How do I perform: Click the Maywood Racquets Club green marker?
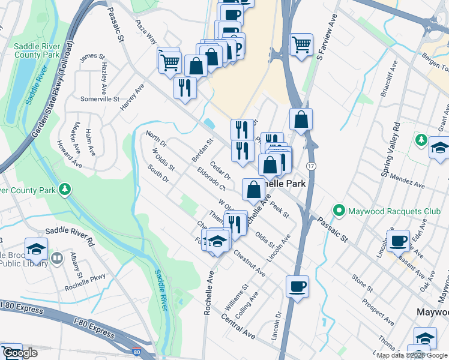click(x=339, y=211)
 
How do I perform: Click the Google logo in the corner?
click(x=19, y=353)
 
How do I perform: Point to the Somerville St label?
click(x=100, y=98)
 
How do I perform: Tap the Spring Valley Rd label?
click(x=390, y=149)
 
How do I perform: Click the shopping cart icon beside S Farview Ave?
click(x=301, y=43)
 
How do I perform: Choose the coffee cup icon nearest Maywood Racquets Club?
click(x=397, y=241)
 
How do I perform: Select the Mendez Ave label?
click(x=407, y=177)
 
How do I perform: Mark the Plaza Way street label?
click(x=146, y=32)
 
